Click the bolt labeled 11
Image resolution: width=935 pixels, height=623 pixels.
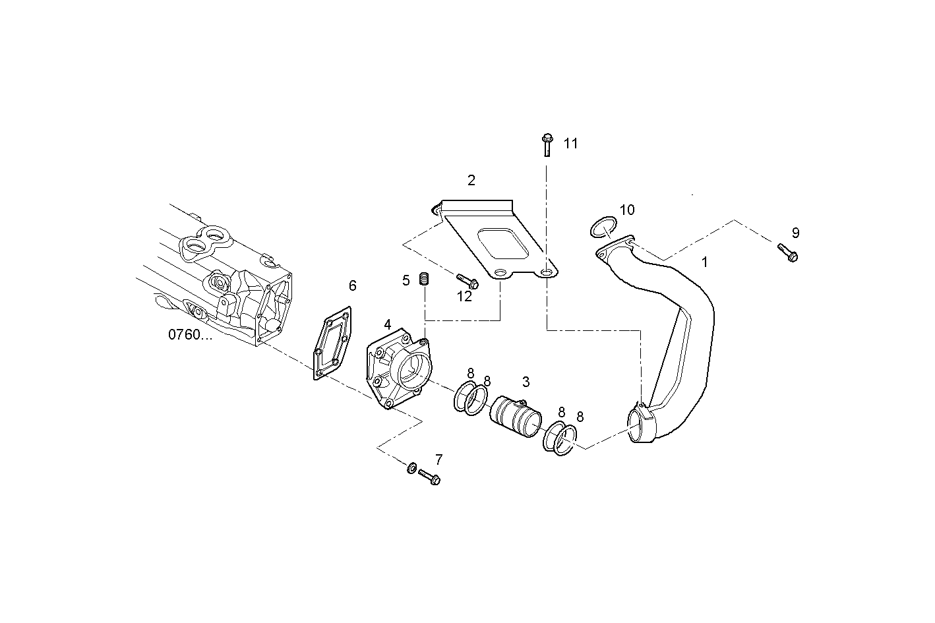pos(547,144)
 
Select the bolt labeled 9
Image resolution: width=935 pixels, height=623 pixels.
pos(787,252)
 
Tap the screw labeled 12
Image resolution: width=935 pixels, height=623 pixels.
pos(467,281)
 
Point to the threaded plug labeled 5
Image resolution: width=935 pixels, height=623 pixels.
pos(425,280)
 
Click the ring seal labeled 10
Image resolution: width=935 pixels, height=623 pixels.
pos(601,227)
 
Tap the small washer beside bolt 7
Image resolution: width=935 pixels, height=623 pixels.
pos(410,468)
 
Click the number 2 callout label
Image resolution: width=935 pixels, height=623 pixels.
pos(471,180)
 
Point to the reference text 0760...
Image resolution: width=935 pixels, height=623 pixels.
pos(190,334)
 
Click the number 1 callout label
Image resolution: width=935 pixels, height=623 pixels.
pos(704,262)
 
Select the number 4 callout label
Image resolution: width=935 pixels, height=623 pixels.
pos(388,324)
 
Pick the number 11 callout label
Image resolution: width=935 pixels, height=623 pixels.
pos(570,143)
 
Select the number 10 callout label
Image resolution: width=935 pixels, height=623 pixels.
pos(627,210)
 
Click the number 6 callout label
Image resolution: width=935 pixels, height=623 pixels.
pos(353,285)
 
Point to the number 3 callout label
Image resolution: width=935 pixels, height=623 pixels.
pos(526,382)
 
